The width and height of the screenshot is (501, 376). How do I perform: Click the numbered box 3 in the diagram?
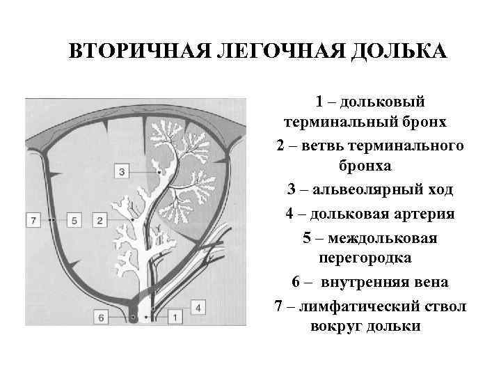click(x=122, y=171)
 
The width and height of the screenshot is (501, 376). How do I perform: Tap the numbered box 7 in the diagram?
click(x=33, y=220)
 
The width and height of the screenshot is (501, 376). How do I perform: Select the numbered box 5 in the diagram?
click(x=77, y=220)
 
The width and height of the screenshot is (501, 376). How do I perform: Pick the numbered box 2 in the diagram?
click(x=100, y=220)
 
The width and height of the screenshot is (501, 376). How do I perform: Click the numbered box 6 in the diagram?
click(x=102, y=318)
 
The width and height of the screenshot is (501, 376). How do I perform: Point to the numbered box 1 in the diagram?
click(x=174, y=318)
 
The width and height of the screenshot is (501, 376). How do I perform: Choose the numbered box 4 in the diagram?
click(x=197, y=306)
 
